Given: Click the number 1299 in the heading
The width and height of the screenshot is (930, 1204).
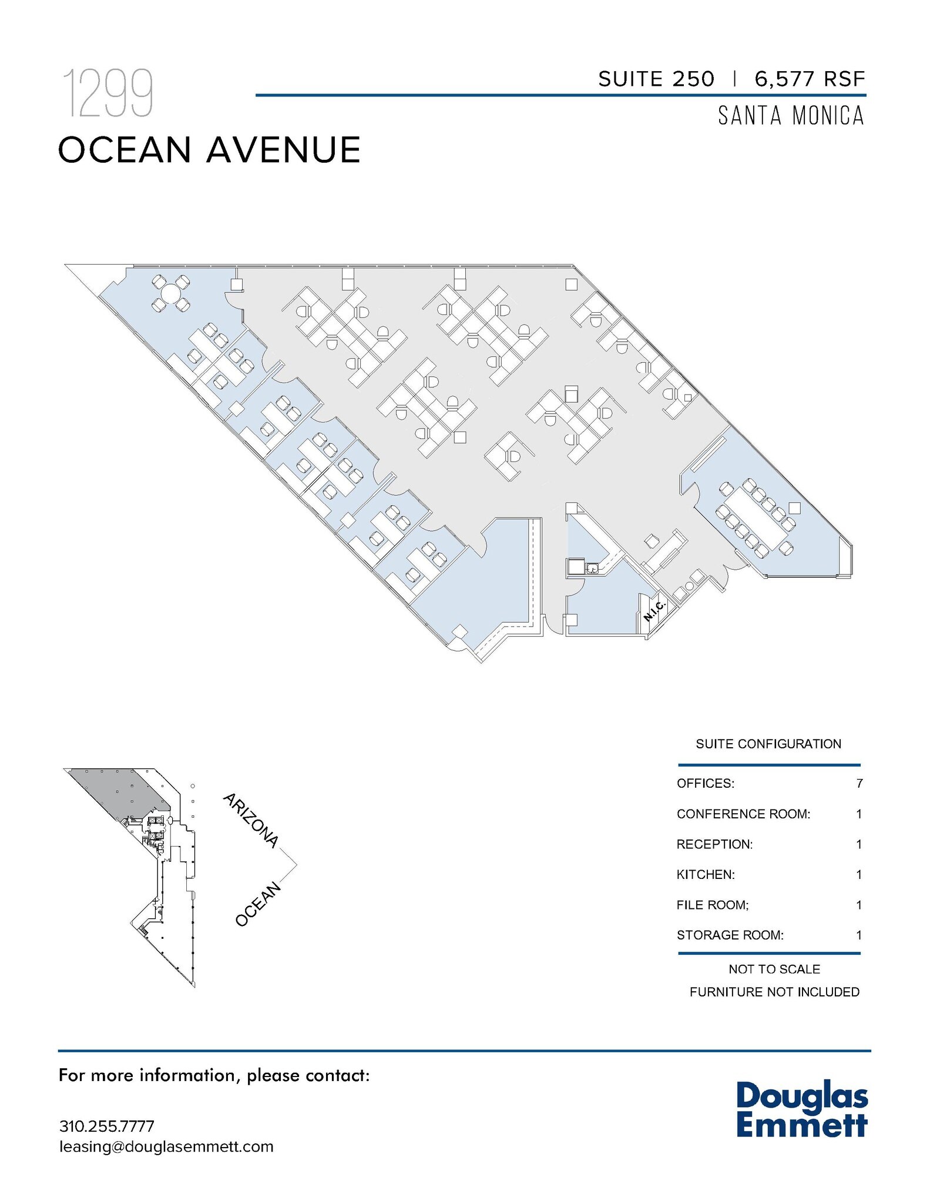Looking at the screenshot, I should [x=108, y=93].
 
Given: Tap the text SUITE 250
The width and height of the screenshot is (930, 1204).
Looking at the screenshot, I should [x=656, y=79].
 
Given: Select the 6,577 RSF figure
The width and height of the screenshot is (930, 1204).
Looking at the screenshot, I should [x=810, y=79].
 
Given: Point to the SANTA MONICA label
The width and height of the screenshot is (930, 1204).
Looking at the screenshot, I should [x=791, y=116].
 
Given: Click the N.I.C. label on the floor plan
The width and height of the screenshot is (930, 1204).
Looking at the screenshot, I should [x=654, y=611].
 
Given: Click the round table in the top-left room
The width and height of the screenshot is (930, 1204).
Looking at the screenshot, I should [x=171, y=292].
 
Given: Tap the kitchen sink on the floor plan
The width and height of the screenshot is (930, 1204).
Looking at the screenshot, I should [x=592, y=568].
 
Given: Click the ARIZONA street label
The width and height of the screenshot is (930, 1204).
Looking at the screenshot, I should [x=250, y=820].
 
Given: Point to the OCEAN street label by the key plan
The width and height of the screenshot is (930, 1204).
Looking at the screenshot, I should [x=258, y=904].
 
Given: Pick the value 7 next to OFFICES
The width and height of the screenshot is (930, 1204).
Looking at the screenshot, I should [x=859, y=783].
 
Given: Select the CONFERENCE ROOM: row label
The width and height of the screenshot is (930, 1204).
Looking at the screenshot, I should [x=743, y=814].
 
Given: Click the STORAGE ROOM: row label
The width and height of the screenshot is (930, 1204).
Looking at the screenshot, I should [x=730, y=935].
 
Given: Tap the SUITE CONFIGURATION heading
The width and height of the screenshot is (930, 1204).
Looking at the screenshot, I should [x=768, y=744].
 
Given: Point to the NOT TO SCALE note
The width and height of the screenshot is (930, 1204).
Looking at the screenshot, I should [x=774, y=969].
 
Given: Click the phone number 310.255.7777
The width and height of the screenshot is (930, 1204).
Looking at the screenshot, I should [x=106, y=1126].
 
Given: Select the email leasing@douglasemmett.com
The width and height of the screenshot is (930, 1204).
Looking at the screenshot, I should [x=166, y=1147].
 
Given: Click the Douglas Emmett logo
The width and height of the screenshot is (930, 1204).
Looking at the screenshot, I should [x=801, y=1109].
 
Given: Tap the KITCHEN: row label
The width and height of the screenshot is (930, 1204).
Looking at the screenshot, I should [x=706, y=874].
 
